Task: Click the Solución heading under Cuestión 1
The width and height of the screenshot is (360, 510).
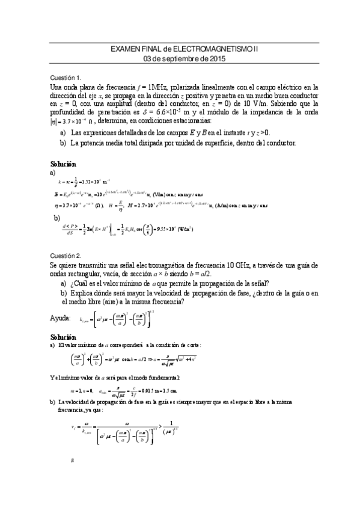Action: click(63, 163)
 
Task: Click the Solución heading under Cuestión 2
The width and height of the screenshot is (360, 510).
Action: click(63, 337)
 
